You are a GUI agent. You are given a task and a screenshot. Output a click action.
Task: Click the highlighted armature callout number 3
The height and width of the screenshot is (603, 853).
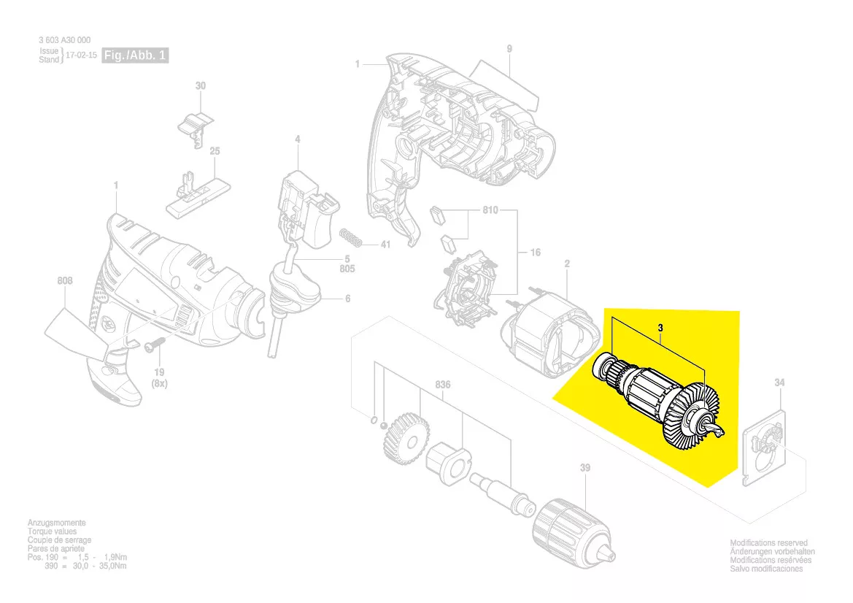click(x=660, y=329)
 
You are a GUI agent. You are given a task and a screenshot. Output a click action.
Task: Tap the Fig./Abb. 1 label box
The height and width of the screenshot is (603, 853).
click(x=135, y=55)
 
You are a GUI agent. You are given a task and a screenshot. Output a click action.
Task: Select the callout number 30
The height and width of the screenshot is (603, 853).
click(x=201, y=86)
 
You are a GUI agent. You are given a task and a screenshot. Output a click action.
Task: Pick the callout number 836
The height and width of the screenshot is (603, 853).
click(x=443, y=385)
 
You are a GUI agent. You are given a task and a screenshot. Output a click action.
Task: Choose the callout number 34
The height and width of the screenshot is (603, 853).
click(x=779, y=383)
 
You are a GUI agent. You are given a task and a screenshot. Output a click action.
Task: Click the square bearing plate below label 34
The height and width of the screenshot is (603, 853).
click(x=766, y=448)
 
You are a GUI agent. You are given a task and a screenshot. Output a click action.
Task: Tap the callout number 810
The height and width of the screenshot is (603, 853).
click(x=489, y=211)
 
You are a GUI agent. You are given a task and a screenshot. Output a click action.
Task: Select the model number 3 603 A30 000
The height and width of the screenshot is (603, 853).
click(x=65, y=41)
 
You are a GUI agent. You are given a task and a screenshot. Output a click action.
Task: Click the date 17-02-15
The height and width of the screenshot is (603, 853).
click(x=81, y=55)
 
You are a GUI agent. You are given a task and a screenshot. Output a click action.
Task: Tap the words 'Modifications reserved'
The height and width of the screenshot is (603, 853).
click(x=768, y=543)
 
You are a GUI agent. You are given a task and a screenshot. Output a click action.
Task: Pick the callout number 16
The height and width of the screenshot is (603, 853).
click(x=535, y=253)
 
